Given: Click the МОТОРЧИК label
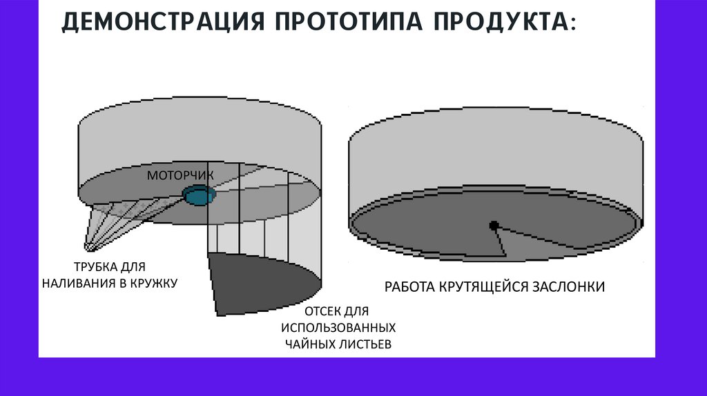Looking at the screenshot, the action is click(x=180, y=175).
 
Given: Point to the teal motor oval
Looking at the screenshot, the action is click(x=200, y=195).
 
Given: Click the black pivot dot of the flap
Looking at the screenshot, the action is click(x=494, y=225).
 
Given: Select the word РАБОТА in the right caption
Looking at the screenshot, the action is click(x=409, y=286).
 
